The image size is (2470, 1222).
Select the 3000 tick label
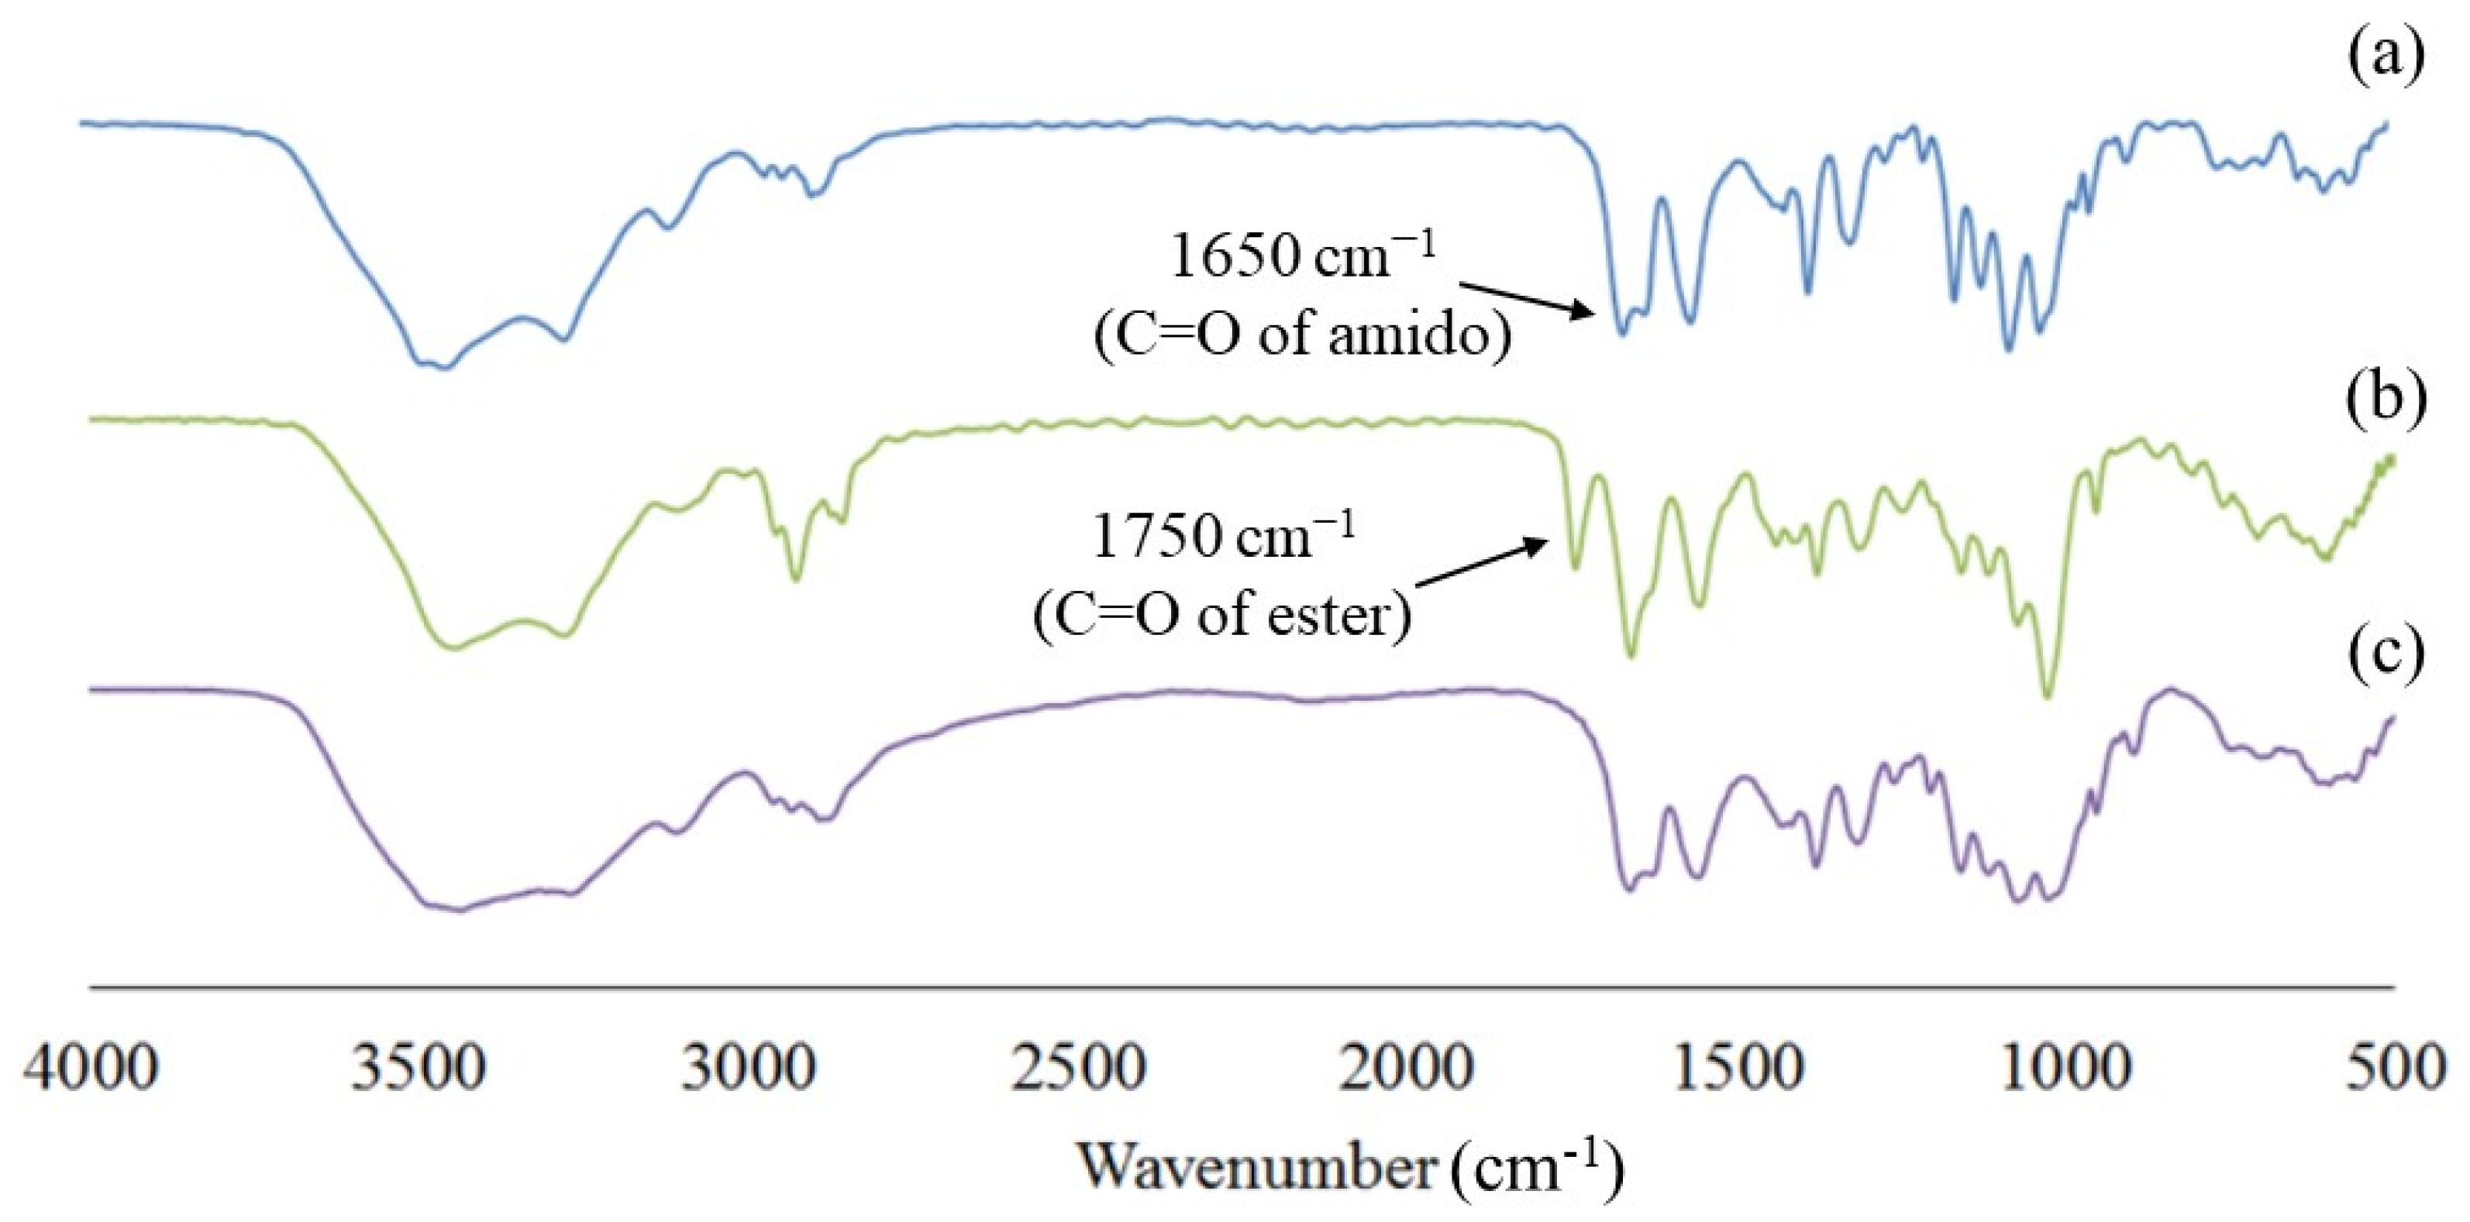[x=749, y=1068]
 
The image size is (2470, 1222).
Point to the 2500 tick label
[x=1078, y=1068]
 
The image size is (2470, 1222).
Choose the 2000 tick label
[x=1407, y=1068]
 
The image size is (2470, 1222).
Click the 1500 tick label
[x=1738, y=1068]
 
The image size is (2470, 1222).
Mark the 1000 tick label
[x=2066, y=1068]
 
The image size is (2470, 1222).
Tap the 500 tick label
[x=2396, y=1068]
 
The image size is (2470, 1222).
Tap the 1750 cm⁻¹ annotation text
[x=1225, y=537]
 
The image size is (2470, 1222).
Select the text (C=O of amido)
[x=1303, y=335]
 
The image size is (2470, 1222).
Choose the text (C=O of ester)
[x=1222, y=614]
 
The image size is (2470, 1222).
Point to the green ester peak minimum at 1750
[x=1573, y=568]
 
